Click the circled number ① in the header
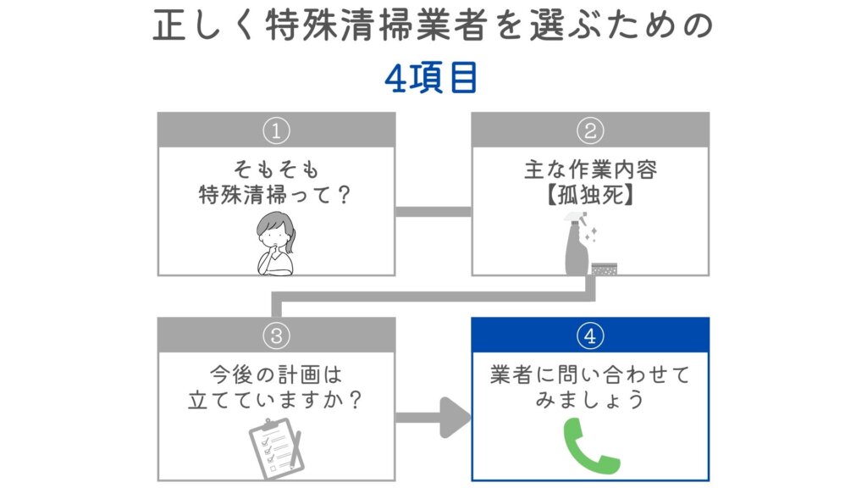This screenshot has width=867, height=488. coord(276,130)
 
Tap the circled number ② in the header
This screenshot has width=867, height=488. coord(590,130)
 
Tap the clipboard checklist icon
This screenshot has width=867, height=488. coord(274,446)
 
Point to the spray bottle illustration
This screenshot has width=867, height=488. coord(577,249)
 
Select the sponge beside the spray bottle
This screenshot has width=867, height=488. coord(605,268)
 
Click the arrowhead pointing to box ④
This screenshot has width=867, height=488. coord(456,418)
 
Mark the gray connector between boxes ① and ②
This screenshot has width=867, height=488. coord(433,211)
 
